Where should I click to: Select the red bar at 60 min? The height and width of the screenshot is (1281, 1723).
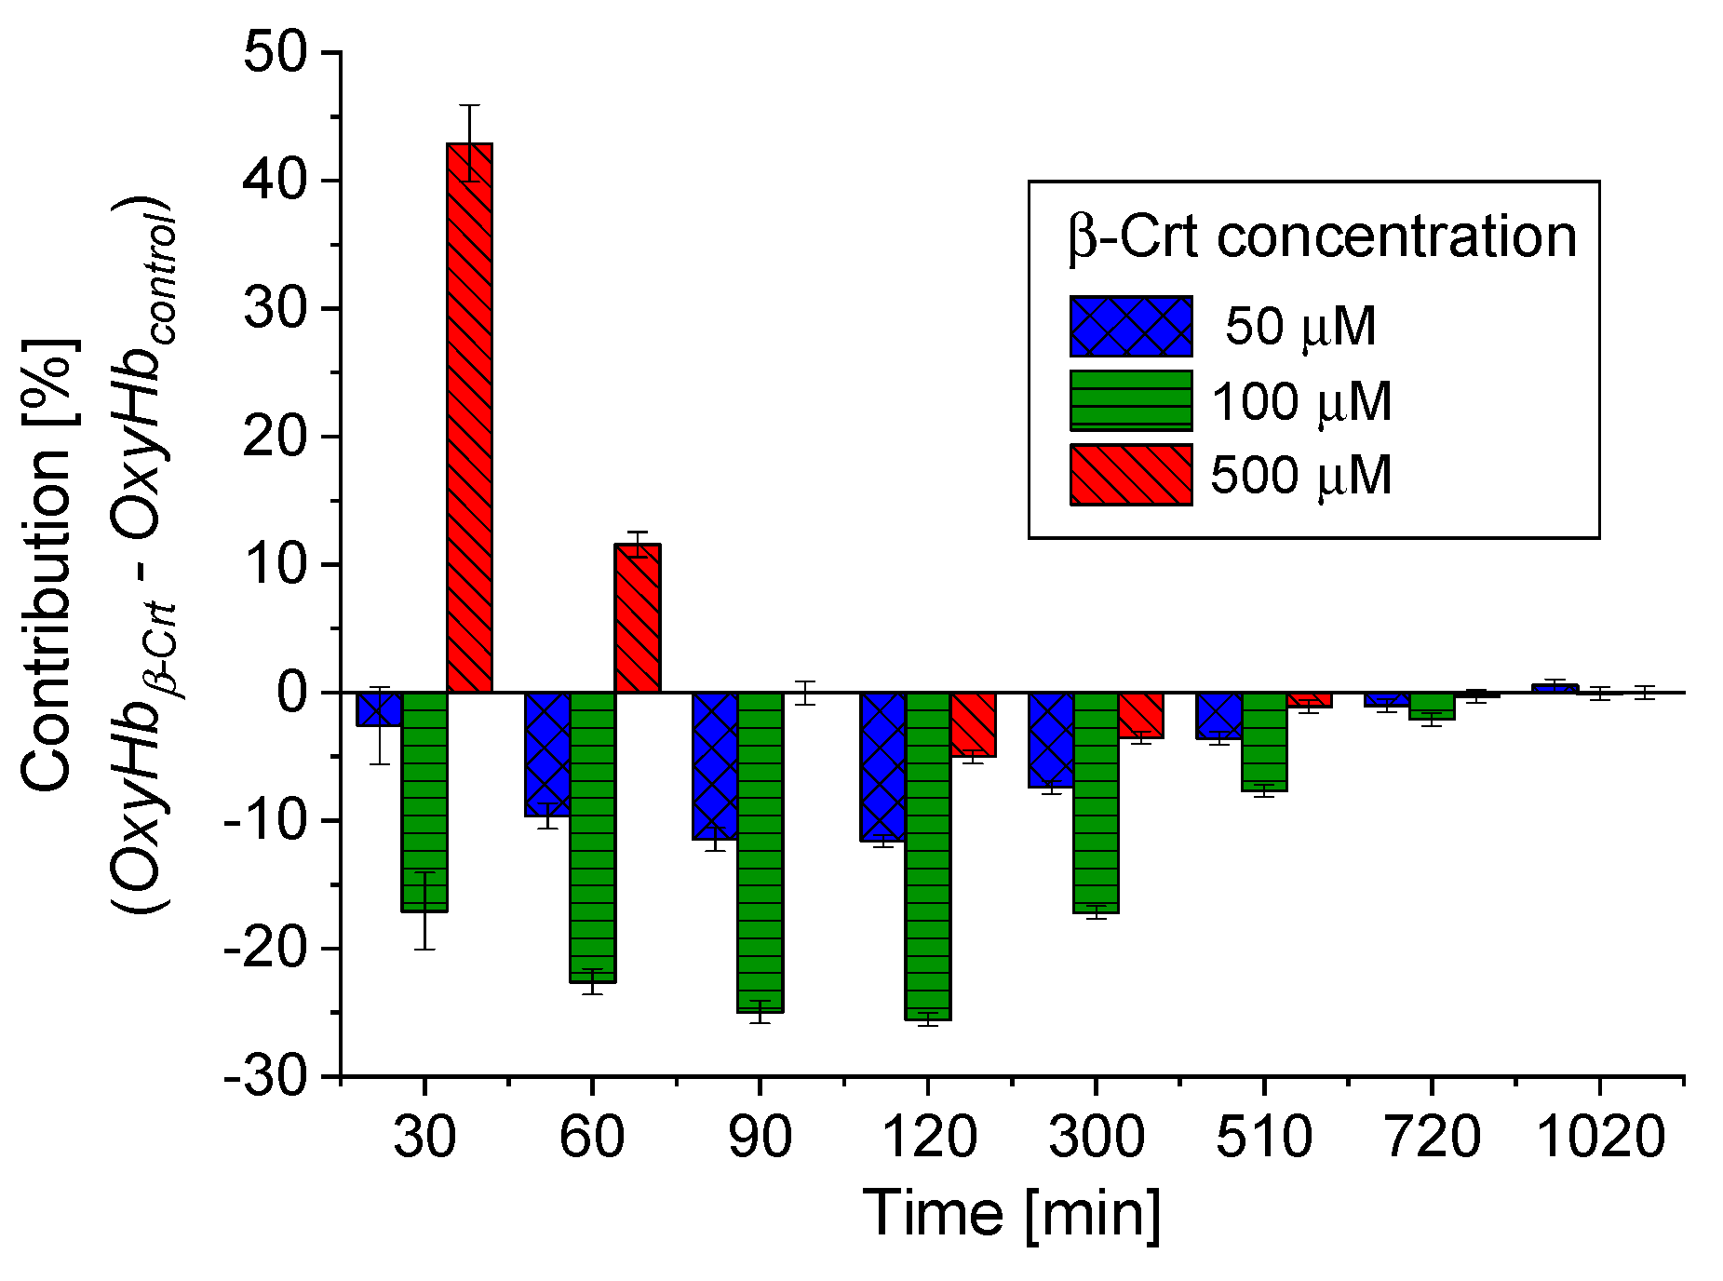638,618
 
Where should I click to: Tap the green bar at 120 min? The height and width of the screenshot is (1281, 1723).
928,856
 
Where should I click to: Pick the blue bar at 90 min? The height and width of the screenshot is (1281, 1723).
715,766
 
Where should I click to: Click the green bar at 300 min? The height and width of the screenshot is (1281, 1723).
1096,802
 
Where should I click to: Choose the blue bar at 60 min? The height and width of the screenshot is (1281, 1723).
547,754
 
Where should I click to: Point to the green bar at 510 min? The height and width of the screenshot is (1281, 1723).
1264,741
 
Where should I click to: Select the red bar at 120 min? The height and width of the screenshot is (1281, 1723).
974,724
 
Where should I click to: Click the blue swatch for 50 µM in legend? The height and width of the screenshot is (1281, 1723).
1131,327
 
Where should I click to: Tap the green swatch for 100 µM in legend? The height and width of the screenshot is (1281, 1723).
1131,400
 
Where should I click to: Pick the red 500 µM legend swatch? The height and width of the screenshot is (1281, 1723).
1131,475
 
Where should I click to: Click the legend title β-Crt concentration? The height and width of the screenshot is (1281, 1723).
1322,236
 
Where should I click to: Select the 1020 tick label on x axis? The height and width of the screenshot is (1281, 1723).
1599,1137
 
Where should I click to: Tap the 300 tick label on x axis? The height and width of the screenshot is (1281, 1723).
1096,1137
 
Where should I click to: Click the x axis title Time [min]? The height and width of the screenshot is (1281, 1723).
1012,1213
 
